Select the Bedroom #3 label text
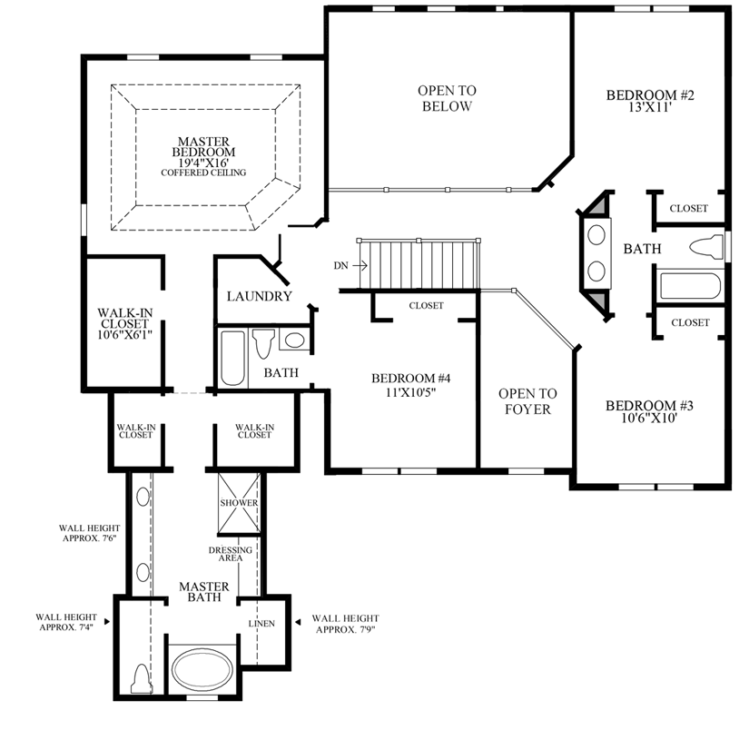click(x=643, y=412)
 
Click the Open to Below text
click(x=446, y=98)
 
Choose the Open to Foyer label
click(x=527, y=401)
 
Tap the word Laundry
click(x=259, y=296)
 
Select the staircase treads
click(x=419, y=264)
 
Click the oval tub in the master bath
click(x=202, y=671)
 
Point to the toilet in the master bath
click(x=141, y=677)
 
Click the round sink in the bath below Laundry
click(x=294, y=341)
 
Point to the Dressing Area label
click(x=224, y=554)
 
